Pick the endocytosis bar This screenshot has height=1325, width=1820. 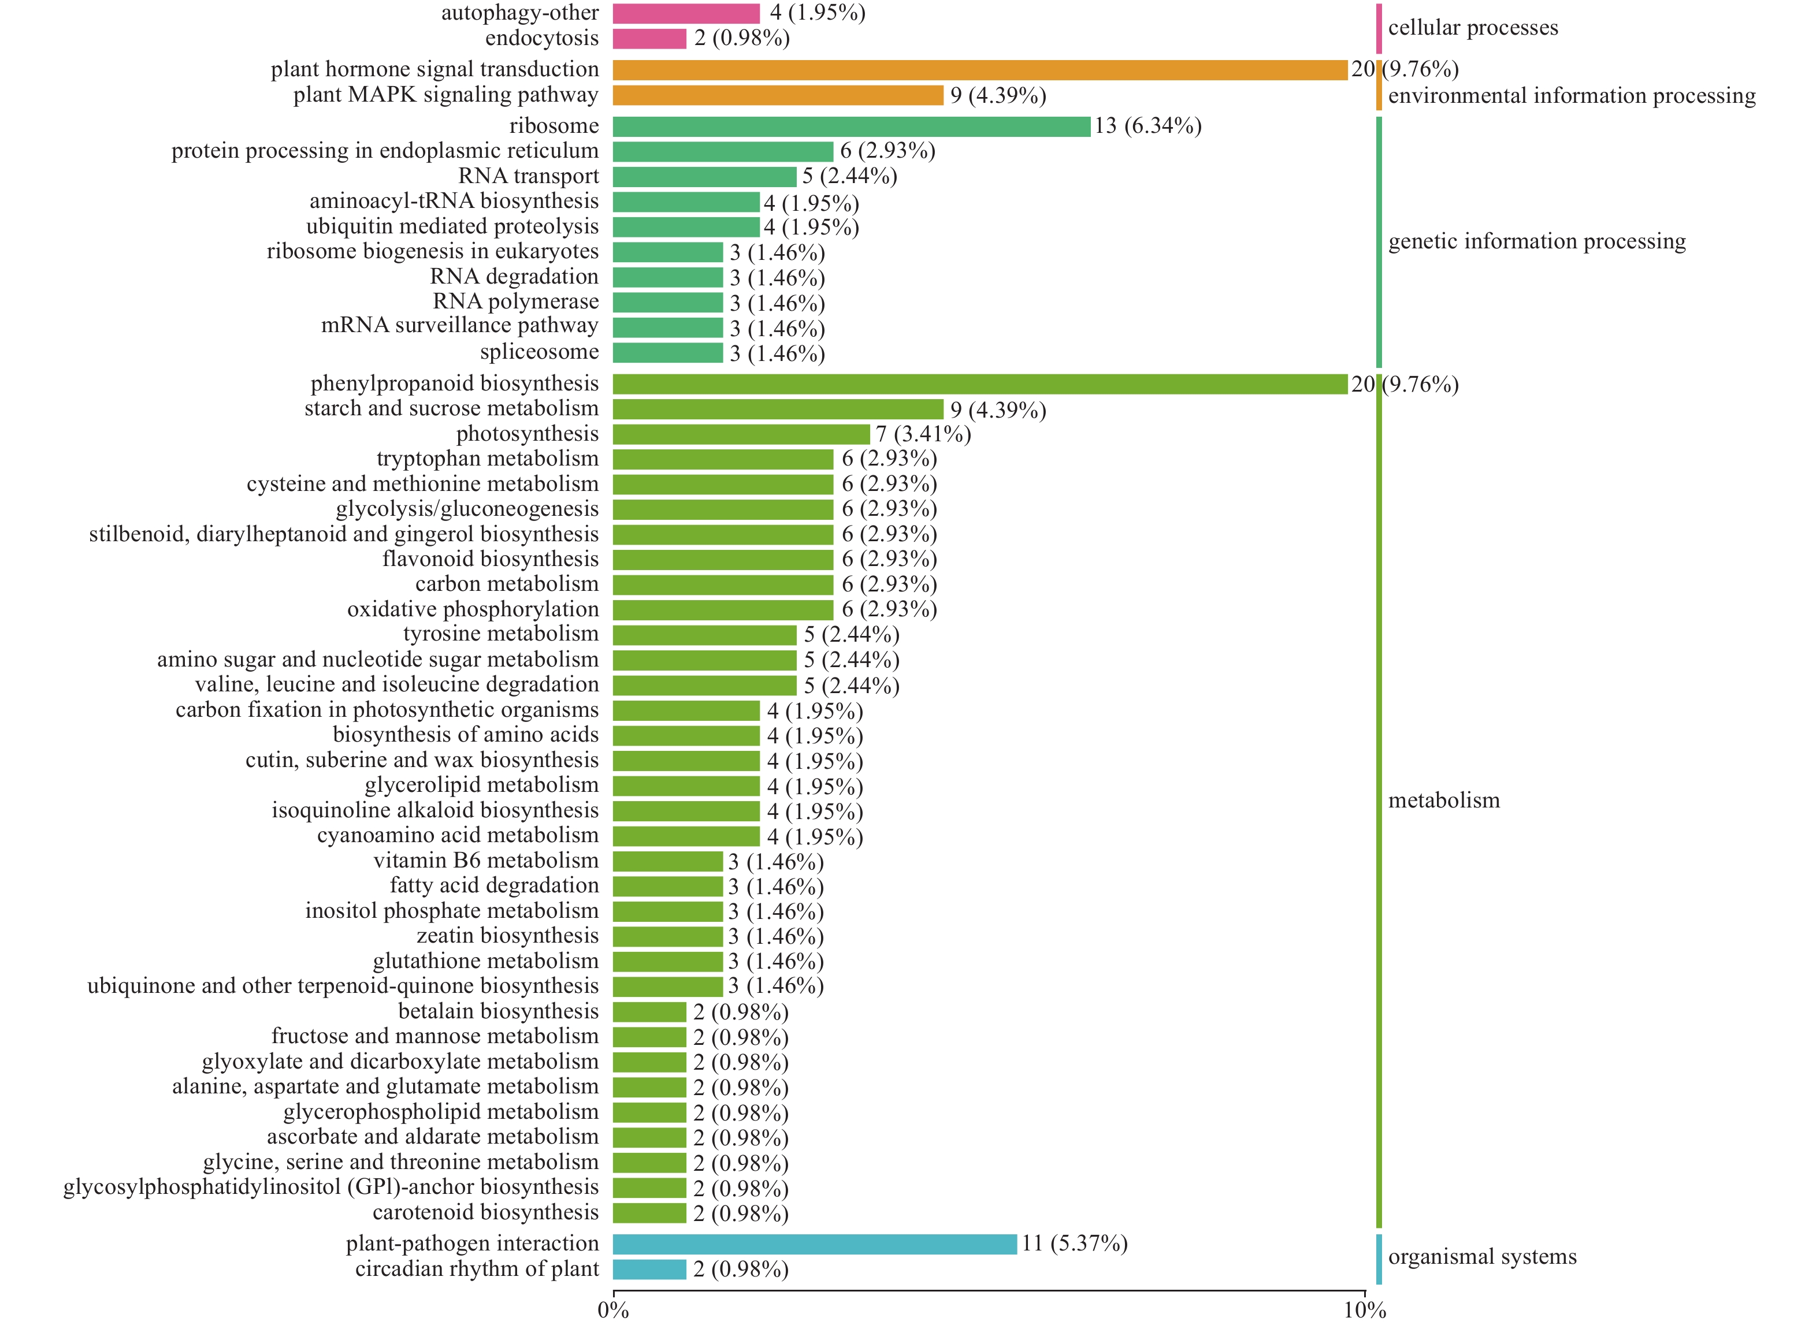point(649,39)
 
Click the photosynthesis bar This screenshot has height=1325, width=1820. point(741,435)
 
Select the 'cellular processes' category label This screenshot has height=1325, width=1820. point(1473,28)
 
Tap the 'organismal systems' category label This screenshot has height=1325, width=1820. point(1482,1257)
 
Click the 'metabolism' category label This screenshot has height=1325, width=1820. point(1444,801)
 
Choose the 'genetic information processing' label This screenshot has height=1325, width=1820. point(1537,241)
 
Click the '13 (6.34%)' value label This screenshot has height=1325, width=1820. point(1147,126)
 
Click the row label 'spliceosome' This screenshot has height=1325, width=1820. point(539,352)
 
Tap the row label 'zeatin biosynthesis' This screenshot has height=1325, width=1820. point(507,936)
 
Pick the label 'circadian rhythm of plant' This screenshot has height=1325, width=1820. point(477,1269)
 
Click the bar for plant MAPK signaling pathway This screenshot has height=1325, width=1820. point(778,95)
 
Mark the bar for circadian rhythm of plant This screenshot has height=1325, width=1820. point(649,1270)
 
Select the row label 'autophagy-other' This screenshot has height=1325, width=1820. point(519,13)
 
